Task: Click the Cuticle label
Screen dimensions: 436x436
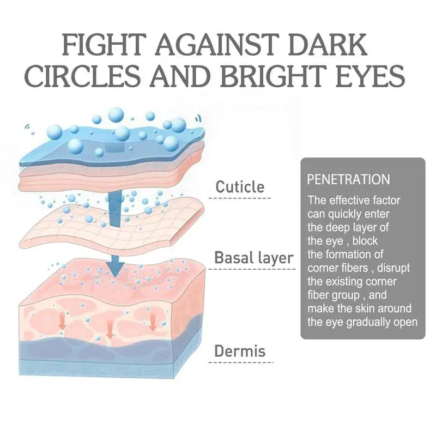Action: pyautogui.click(x=240, y=187)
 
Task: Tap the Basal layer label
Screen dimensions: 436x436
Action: pyautogui.click(x=253, y=257)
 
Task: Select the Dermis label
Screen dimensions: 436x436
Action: pyautogui.click(x=240, y=350)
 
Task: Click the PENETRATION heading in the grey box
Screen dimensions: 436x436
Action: pyautogui.click(x=348, y=179)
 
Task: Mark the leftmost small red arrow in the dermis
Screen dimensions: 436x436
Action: pyautogui.click(x=63, y=323)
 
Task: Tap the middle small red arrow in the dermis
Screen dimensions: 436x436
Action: pyautogui.click(x=110, y=329)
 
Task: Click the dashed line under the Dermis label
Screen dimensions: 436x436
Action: pyautogui.click(x=241, y=362)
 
